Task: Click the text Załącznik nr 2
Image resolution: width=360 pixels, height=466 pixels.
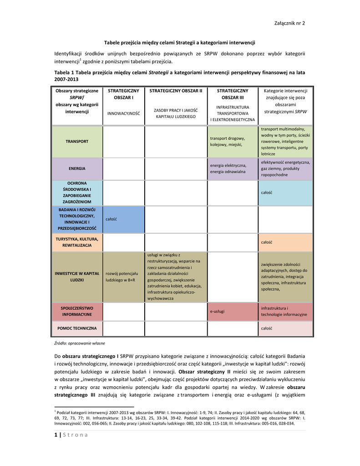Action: click(x=289, y=23)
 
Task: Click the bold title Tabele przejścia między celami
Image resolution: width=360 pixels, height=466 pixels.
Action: click(x=179, y=42)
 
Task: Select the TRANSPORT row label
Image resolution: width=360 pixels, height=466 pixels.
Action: click(x=77, y=142)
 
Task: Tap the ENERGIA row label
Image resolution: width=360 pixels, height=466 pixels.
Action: click(x=77, y=168)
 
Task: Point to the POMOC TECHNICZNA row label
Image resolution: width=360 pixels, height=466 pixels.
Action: click(x=77, y=328)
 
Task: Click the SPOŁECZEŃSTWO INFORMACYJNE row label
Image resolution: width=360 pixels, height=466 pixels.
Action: click(x=77, y=311)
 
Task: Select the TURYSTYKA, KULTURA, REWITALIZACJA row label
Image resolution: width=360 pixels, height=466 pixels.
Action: click(x=77, y=242)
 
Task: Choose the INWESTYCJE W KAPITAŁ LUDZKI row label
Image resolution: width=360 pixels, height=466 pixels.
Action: click(x=77, y=277)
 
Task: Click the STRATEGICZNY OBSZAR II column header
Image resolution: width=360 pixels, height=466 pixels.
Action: click(x=175, y=91)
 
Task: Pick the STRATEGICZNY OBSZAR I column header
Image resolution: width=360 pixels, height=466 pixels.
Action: click(x=123, y=94)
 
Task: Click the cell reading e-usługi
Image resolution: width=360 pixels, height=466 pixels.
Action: click(x=218, y=311)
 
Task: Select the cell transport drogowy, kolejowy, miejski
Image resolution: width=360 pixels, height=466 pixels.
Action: click(x=228, y=142)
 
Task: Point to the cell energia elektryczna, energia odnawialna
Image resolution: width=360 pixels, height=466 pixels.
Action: click(x=228, y=168)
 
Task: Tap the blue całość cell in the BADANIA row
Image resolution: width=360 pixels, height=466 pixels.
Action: click(x=112, y=219)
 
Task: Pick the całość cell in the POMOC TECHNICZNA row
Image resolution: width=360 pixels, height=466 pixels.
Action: click(x=267, y=328)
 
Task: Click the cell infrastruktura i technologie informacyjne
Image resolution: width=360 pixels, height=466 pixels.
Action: click(x=284, y=311)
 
